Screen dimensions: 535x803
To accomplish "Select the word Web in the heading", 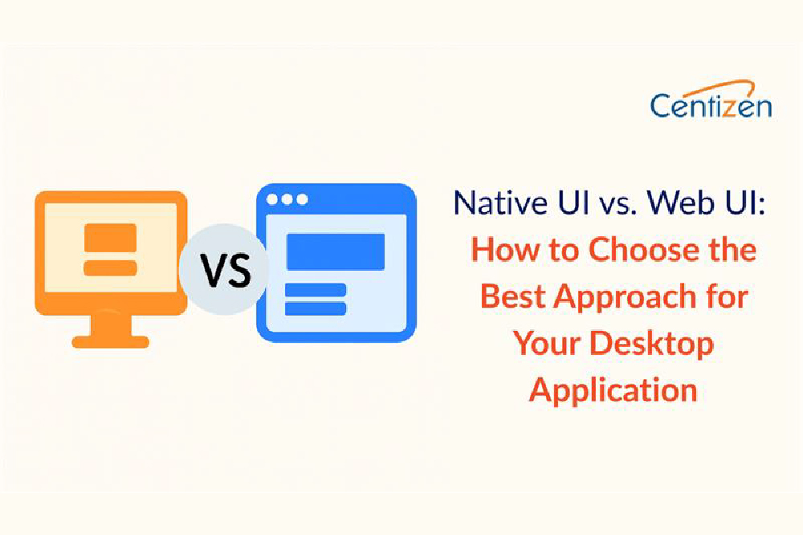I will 679,202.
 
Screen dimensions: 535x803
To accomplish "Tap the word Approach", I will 628,297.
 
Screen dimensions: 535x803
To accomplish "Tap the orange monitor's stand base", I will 110,341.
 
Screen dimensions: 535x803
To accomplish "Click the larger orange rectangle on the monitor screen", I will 110,238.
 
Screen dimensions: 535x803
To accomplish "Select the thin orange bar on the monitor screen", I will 110,267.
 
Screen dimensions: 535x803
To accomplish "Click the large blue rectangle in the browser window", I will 336,251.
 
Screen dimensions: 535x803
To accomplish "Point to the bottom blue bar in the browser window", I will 316,308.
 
